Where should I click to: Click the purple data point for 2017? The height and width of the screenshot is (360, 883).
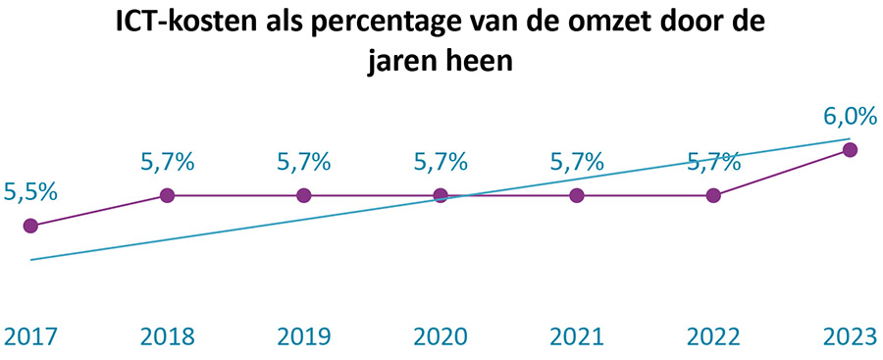(30, 226)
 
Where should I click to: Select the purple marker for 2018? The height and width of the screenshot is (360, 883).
(167, 195)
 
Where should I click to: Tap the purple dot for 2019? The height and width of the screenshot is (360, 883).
(304, 195)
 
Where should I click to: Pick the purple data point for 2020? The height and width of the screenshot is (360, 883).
(441, 195)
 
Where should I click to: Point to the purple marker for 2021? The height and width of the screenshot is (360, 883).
(577, 195)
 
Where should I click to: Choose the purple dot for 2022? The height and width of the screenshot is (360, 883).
(713, 195)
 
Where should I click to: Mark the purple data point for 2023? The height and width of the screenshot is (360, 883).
(851, 149)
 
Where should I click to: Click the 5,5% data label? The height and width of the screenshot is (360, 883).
(30, 192)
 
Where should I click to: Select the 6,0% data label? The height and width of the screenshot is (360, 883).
(850, 118)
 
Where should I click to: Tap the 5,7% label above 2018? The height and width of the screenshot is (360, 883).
(167, 162)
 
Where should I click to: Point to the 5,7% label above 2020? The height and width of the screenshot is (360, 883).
(441, 162)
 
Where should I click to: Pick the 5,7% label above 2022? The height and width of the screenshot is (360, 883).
(713, 162)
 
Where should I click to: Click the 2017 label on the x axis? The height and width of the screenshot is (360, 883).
(30, 336)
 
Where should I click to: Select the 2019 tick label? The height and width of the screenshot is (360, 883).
(304, 336)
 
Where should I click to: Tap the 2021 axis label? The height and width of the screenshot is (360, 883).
(577, 336)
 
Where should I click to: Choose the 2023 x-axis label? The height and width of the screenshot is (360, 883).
(850, 336)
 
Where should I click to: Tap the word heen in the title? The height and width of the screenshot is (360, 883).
(478, 61)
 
